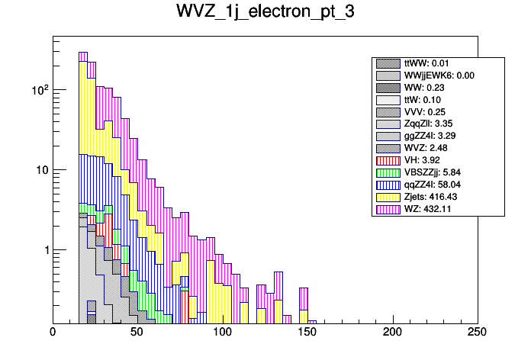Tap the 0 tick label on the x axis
pos(53,333)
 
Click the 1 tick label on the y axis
pos(43,251)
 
